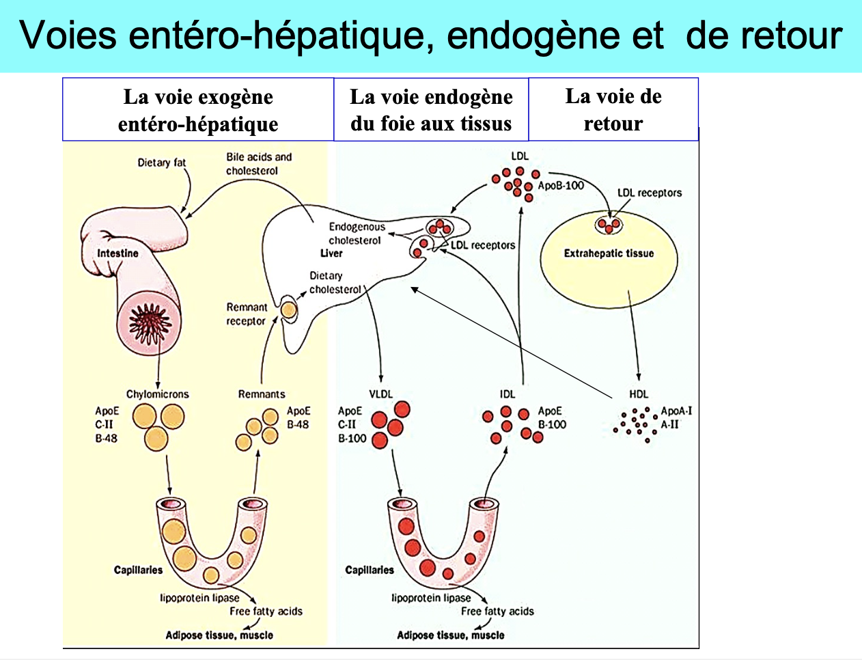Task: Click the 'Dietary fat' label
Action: tap(161, 163)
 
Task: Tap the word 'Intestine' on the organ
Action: tap(117, 253)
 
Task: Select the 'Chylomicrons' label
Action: tap(157, 394)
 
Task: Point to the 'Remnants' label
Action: tap(262, 394)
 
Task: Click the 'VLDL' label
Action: tap(381, 394)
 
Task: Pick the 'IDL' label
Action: tap(508, 394)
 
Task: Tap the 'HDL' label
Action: tap(639, 394)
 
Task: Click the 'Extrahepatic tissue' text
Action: tap(609, 253)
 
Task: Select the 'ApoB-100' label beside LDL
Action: tap(561, 186)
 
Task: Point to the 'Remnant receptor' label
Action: tap(246, 314)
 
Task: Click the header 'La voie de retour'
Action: tap(613, 109)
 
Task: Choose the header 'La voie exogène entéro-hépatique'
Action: tap(198, 110)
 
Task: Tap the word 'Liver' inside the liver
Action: tap(331, 253)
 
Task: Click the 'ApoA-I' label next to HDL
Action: tap(676, 411)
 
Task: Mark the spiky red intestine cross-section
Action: tap(148, 318)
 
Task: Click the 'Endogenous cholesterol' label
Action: tap(356, 233)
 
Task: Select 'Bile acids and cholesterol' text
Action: tap(258, 163)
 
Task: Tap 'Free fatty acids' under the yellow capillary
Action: tap(266, 611)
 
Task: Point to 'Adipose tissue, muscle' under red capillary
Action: tap(451, 635)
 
